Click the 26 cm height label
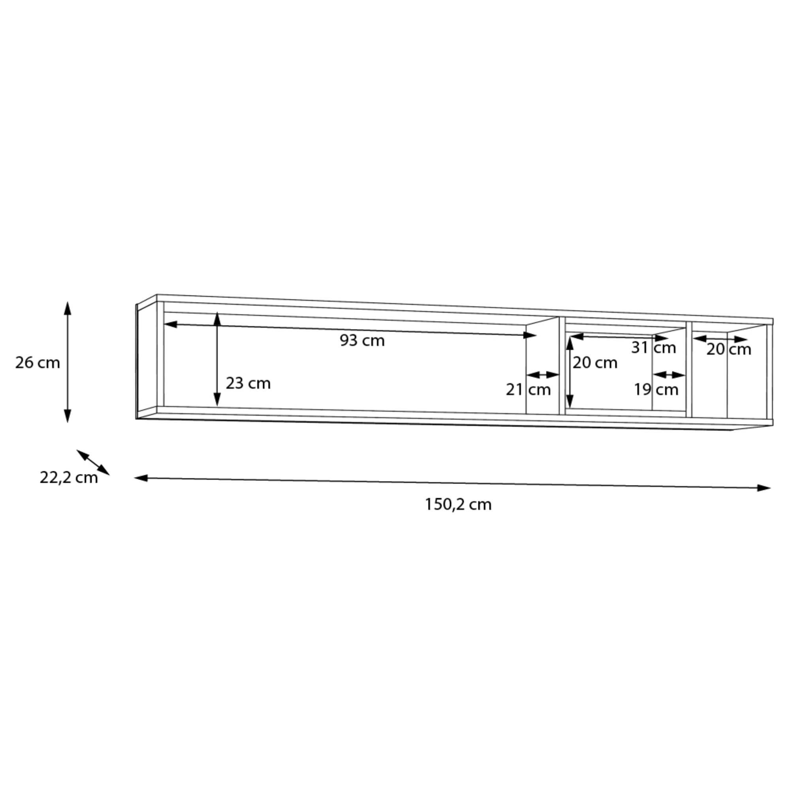[x=38, y=363]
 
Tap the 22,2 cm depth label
[x=69, y=478]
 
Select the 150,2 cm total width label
[x=458, y=504]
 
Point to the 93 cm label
[x=362, y=340]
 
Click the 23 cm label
[x=248, y=383]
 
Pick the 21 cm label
[x=528, y=389]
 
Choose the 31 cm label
[x=653, y=348]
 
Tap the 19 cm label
[x=656, y=389]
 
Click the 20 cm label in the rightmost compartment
[x=729, y=349]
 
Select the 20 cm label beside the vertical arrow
[x=595, y=363]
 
